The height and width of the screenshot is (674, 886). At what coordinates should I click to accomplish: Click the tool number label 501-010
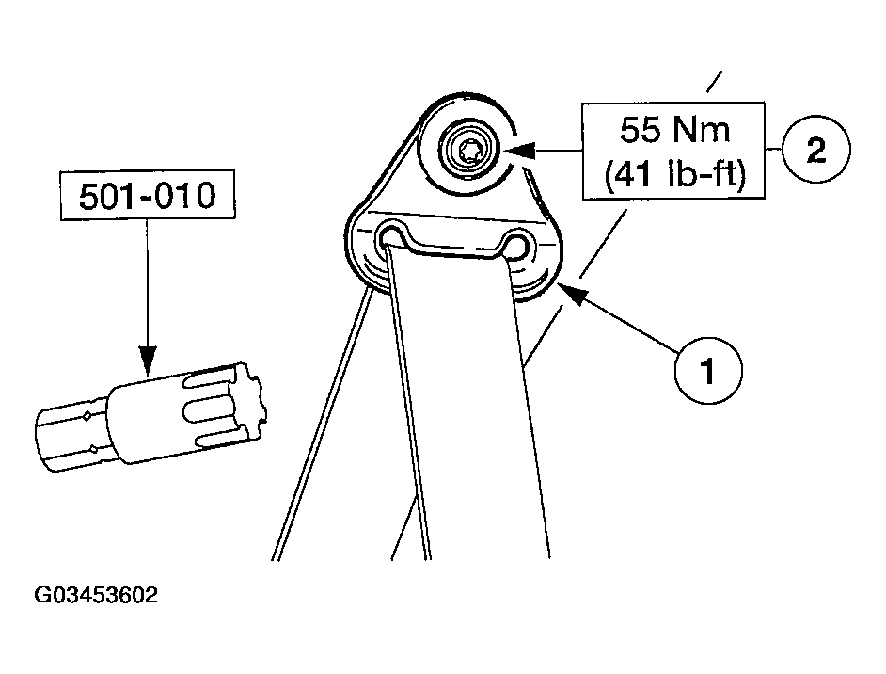tap(147, 196)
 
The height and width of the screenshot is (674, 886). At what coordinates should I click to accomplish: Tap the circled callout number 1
tap(708, 371)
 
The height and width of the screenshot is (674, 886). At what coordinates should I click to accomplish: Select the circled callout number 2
tap(816, 150)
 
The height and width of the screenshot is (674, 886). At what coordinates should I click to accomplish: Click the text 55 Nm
tap(674, 130)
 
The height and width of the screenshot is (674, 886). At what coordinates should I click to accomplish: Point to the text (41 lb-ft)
tap(674, 175)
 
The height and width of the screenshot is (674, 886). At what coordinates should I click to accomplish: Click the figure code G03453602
tap(96, 595)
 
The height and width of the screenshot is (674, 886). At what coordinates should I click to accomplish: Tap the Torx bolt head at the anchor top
tap(468, 151)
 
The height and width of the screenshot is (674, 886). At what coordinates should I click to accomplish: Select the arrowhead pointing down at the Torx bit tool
tap(147, 360)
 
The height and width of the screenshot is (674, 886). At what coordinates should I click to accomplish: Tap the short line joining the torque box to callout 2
tap(773, 150)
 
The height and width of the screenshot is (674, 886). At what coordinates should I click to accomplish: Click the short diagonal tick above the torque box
tap(714, 81)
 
